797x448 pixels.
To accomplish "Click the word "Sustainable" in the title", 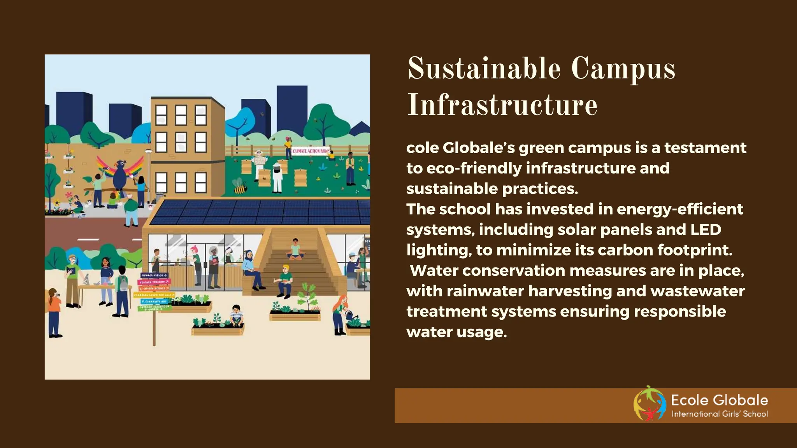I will click(x=484, y=69).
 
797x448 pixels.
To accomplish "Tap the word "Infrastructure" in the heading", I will click(x=502, y=105).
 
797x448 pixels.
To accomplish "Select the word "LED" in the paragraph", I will click(x=706, y=229).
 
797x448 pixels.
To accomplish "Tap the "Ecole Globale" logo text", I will click(x=719, y=400).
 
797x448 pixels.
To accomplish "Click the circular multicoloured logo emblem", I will click(x=649, y=404).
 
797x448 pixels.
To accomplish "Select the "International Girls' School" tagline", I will click(x=719, y=414).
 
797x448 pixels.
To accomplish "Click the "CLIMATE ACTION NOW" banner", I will click(x=311, y=151).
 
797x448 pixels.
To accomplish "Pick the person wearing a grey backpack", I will click(x=122, y=290).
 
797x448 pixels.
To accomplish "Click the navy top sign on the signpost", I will click(x=154, y=275).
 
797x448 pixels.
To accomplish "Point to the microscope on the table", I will click(x=86, y=279).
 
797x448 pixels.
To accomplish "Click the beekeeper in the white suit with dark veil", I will click(x=277, y=177).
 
